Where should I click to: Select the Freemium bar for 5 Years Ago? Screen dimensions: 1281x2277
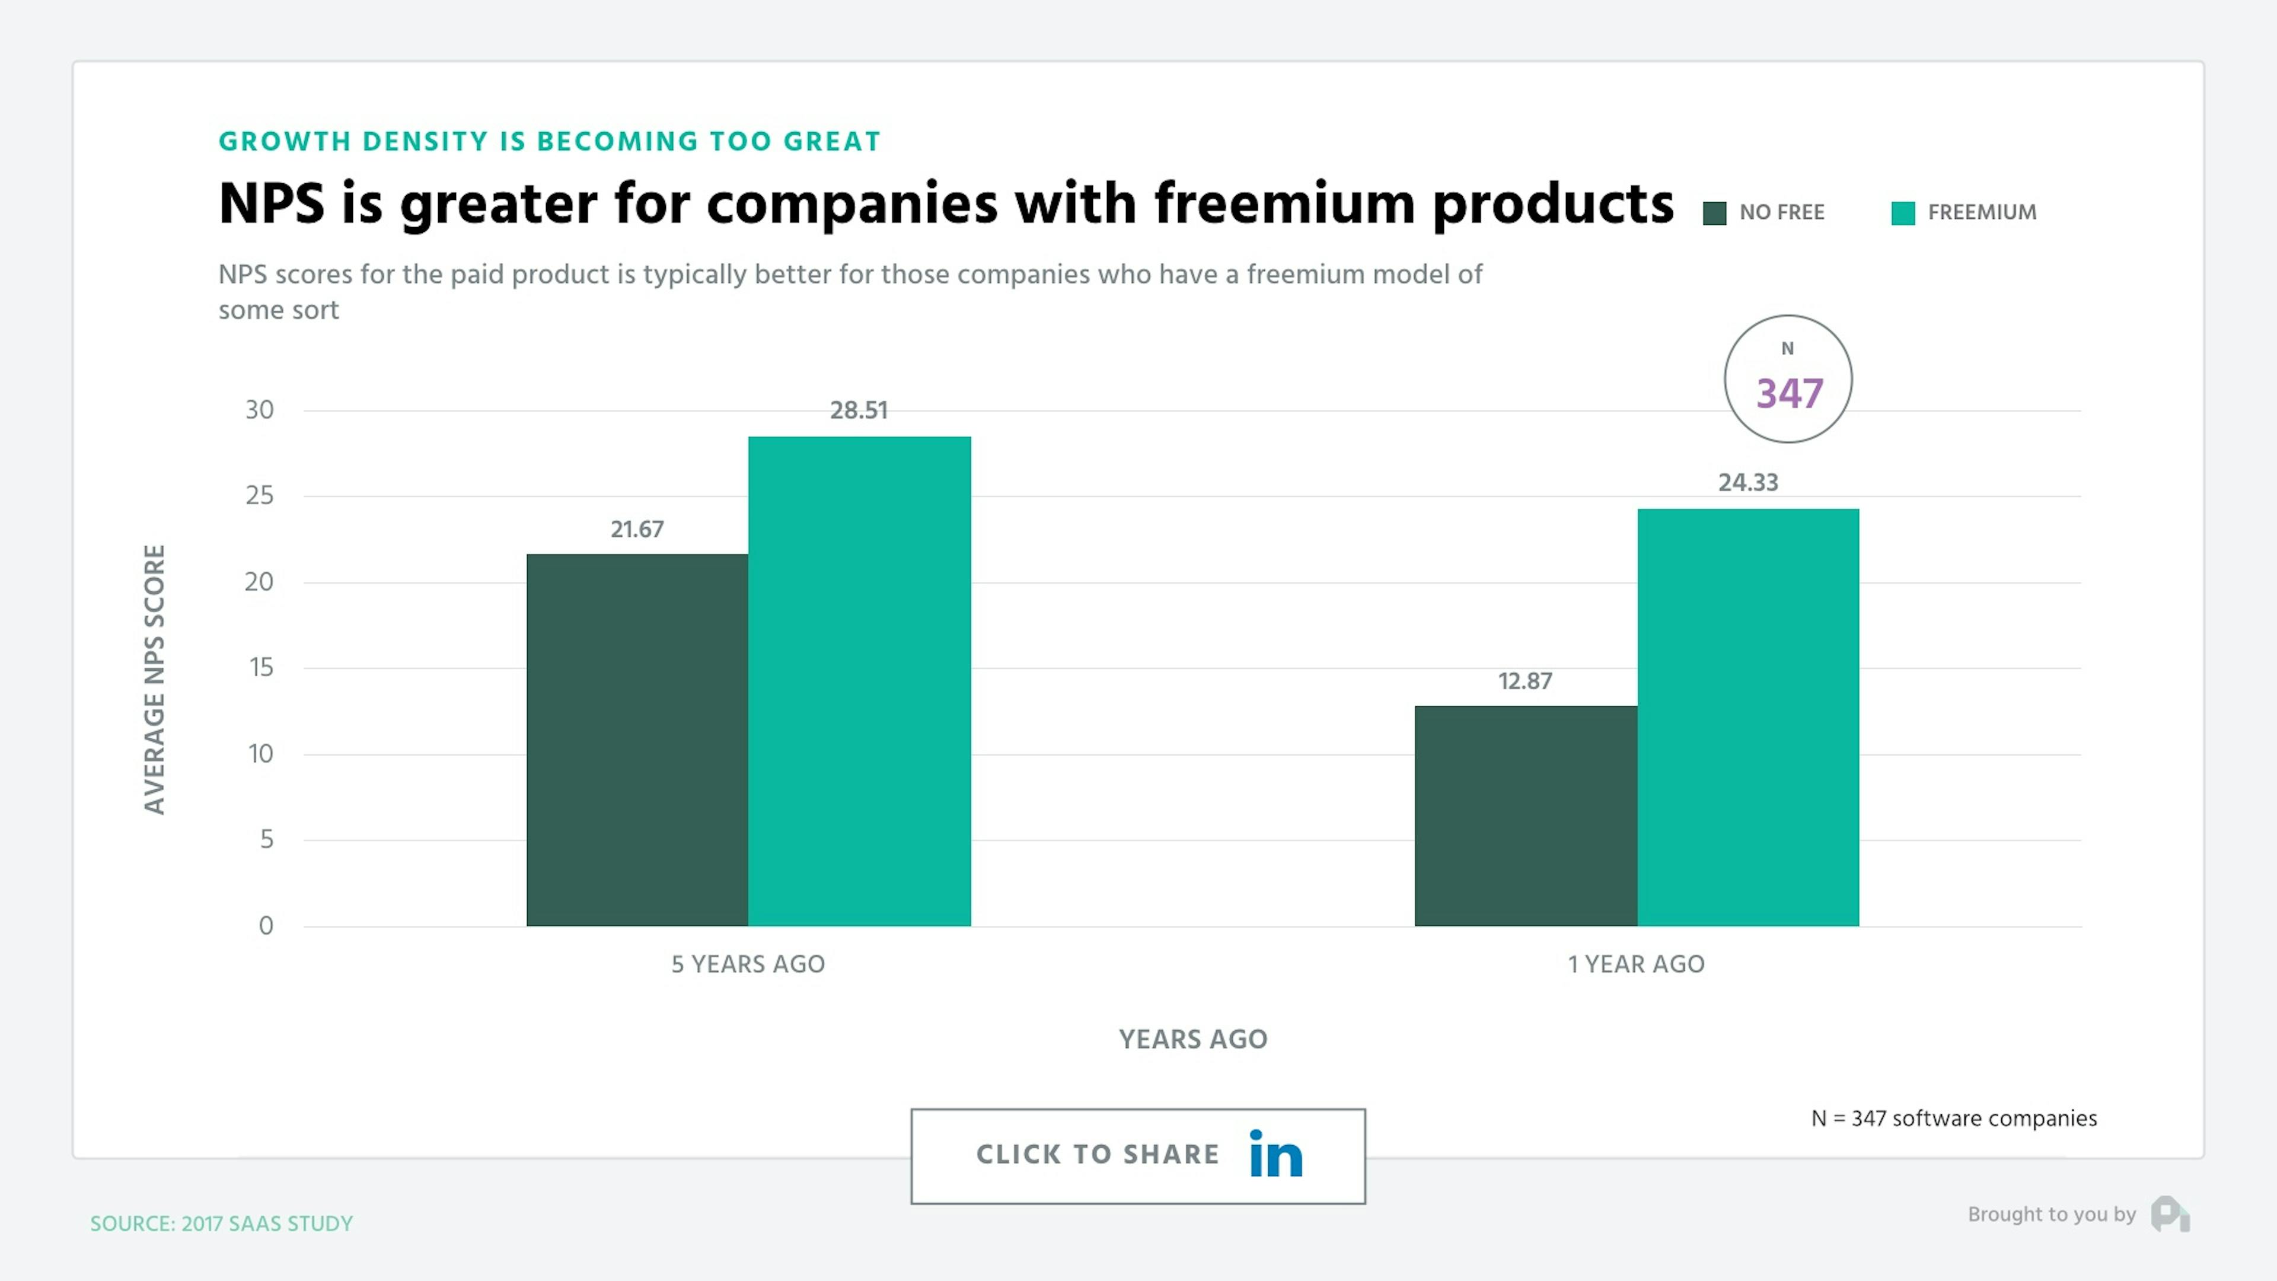tap(859, 681)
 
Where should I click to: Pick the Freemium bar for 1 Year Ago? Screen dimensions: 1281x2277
tap(1747, 717)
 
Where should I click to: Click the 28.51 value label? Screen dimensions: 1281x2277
tap(858, 410)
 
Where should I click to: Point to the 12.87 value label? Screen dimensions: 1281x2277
tap(1525, 681)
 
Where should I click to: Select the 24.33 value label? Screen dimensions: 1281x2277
tap(1747, 483)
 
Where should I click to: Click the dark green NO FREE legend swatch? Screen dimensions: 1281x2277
tap(1714, 213)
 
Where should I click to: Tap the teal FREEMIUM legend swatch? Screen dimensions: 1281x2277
tap(1902, 213)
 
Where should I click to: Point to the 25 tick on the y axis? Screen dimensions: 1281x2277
tap(260, 495)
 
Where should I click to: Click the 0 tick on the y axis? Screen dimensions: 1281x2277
tap(265, 926)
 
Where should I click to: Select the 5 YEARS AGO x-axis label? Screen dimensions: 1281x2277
tap(748, 964)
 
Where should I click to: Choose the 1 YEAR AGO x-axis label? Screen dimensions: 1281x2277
tap(1636, 964)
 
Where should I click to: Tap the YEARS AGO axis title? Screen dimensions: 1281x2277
tap(1192, 1039)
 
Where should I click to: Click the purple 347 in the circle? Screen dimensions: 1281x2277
tap(1789, 393)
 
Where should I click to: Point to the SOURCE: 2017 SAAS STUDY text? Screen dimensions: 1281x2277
tap(221, 1223)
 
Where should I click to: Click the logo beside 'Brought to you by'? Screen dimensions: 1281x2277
tap(2170, 1214)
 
